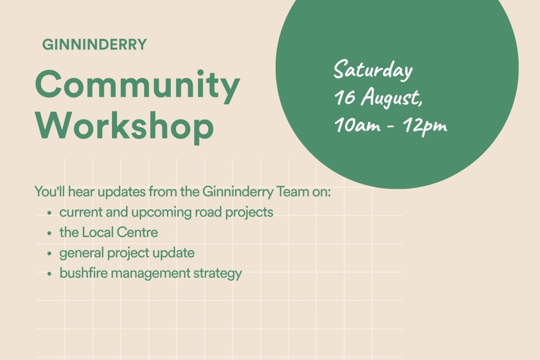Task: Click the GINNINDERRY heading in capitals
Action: click(x=94, y=45)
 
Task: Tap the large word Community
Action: click(x=138, y=87)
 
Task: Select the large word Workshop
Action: click(x=124, y=127)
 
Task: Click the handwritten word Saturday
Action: click(x=373, y=70)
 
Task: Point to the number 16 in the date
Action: click(x=345, y=97)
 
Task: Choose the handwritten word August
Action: click(x=391, y=99)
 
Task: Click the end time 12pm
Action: click(x=425, y=126)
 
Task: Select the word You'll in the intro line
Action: click(x=49, y=192)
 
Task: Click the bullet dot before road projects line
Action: click(x=49, y=213)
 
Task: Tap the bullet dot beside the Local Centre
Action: click(x=49, y=233)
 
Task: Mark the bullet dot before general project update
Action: click(x=49, y=253)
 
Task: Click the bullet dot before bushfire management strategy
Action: click(x=49, y=274)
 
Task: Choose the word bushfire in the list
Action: click(x=84, y=273)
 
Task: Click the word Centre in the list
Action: click(x=137, y=233)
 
